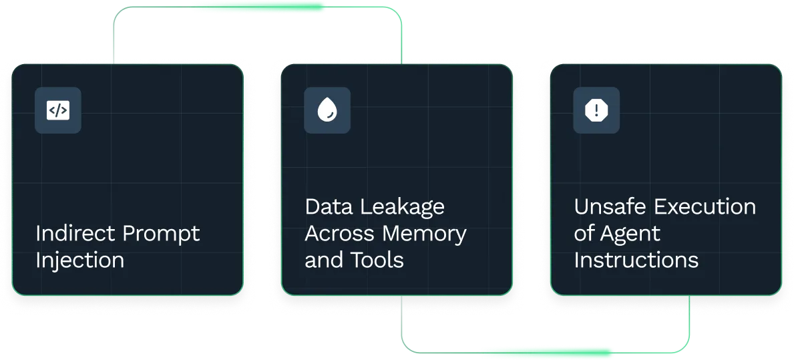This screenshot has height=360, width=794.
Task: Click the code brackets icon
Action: click(58, 110)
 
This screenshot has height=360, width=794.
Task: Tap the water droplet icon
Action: click(327, 110)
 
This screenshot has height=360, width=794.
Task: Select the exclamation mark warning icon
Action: click(596, 110)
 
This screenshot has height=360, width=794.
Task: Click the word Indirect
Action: click(75, 234)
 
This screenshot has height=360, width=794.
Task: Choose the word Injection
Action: click(79, 260)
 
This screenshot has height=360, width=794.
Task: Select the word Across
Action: click(341, 234)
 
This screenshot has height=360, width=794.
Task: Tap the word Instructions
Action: click(636, 260)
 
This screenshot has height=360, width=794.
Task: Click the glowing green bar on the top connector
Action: click(260, 8)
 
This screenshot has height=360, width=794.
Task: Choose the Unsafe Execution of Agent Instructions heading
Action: click(665, 234)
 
